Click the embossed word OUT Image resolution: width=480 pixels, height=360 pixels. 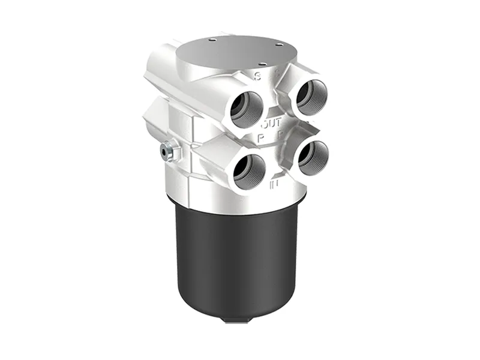pyautogui.click(x=271, y=124)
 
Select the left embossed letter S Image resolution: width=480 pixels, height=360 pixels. pyautogui.click(x=257, y=76)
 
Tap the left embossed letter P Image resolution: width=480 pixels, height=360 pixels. pyautogui.click(x=262, y=137)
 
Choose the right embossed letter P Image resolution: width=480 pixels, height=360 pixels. pyautogui.click(x=280, y=134)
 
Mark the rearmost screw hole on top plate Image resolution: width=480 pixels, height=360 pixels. pyautogui.click(x=212, y=40)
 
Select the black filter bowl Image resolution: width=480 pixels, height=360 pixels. pyautogui.click(x=240, y=258)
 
